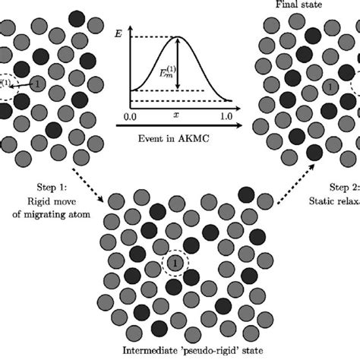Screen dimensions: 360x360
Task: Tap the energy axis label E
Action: pyautogui.click(x=118, y=33)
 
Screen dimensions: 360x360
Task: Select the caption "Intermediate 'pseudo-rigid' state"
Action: pyautogui.click(x=179, y=352)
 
